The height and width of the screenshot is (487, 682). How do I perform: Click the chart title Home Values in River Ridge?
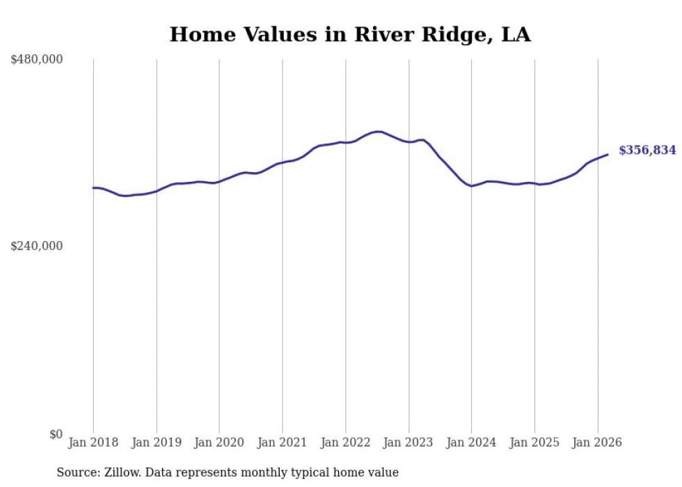click(x=350, y=34)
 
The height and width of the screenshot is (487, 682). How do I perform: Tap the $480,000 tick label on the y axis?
click(x=37, y=60)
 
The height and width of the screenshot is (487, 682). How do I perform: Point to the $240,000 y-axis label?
click(x=37, y=246)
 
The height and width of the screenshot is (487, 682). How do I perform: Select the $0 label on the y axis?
click(x=56, y=434)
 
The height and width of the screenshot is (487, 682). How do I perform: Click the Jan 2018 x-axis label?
click(x=93, y=442)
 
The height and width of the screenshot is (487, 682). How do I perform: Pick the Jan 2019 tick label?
click(x=157, y=442)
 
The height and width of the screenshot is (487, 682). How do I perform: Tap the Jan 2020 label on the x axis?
click(x=219, y=442)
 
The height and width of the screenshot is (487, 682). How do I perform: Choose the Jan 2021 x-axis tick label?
click(x=283, y=442)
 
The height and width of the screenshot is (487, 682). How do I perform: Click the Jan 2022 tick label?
click(x=346, y=442)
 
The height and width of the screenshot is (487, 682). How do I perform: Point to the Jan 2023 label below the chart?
click(x=409, y=442)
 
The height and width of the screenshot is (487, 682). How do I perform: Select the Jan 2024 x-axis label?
click(x=472, y=442)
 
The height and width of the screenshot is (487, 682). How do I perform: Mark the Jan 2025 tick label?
click(x=534, y=442)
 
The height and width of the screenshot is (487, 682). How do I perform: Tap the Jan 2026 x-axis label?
click(x=598, y=442)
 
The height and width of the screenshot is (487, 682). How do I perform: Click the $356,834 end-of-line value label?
click(x=647, y=150)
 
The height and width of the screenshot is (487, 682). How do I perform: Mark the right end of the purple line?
click(x=608, y=155)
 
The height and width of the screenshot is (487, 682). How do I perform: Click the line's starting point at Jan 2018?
click(x=93, y=187)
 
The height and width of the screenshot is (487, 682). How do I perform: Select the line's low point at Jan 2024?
click(x=472, y=186)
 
